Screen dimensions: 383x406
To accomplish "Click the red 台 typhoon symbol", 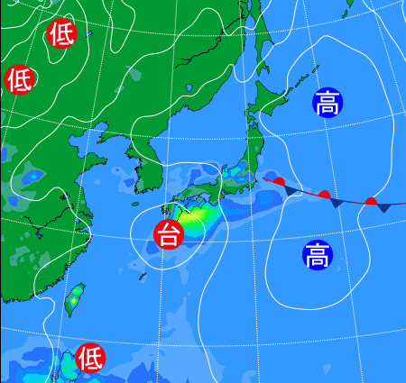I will coord(168,236).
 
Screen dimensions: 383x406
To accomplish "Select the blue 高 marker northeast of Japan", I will coord(327,104).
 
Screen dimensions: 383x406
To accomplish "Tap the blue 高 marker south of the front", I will coord(316,256).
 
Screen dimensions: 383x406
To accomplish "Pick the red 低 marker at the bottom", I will coord(90,357).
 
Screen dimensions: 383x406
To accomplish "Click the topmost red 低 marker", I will coord(61,34).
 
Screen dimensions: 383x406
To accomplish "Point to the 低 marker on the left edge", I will coord(19,79).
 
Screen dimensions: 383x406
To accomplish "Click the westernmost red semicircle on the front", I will coord(280,181).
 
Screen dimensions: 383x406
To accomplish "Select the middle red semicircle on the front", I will coord(324,194).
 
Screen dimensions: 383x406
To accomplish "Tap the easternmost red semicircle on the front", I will coord(370,200).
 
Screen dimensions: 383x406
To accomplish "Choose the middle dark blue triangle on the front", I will coord(337,204).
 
